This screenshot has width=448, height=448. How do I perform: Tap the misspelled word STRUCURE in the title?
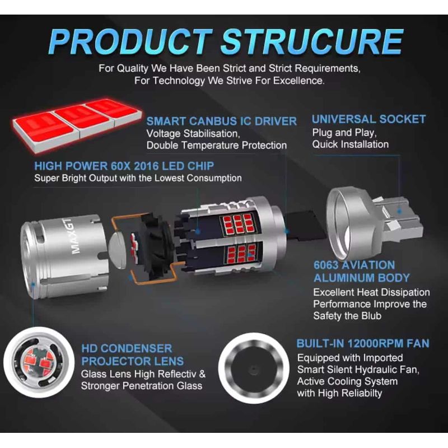[x=312, y=41]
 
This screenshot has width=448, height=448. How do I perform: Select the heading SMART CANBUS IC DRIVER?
[x=221, y=121]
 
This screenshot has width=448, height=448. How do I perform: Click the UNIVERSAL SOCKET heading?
[x=368, y=119]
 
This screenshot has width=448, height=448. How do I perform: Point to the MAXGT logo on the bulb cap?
[x=76, y=236]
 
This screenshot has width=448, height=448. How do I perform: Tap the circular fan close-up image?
[x=253, y=369]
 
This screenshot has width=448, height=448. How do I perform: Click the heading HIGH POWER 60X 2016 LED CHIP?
[x=124, y=166]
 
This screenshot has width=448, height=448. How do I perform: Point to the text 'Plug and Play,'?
[x=344, y=133]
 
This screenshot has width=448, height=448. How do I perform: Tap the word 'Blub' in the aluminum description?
[x=371, y=316]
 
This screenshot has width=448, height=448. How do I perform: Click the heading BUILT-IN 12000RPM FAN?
[x=363, y=343]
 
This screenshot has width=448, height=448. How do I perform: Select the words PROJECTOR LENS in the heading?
[x=132, y=361]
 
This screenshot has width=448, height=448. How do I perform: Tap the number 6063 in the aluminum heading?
[x=326, y=265]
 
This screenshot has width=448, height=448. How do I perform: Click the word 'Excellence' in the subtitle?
[x=299, y=81]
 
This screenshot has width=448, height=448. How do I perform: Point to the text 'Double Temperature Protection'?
[x=217, y=146]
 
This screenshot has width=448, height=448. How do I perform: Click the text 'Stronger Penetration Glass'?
[x=142, y=386]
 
